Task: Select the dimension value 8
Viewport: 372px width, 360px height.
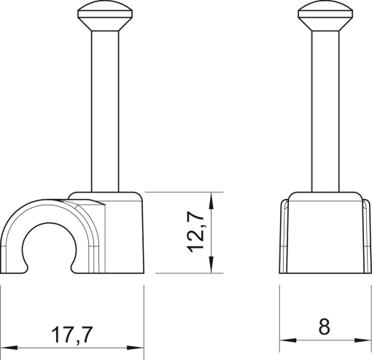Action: (x=324, y=327)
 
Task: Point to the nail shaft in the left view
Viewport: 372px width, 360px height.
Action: (x=100, y=109)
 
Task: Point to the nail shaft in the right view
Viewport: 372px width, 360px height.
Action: (x=322, y=109)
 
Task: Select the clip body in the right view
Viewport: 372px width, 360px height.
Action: (x=322, y=237)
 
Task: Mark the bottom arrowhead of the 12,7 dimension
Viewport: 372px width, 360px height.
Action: (x=212, y=267)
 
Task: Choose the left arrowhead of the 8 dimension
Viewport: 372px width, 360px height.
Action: (x=287, y=340)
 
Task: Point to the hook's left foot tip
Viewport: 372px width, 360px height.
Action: (x=13, y=268)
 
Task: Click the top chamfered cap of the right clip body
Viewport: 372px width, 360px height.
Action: (x=322, y=198)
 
